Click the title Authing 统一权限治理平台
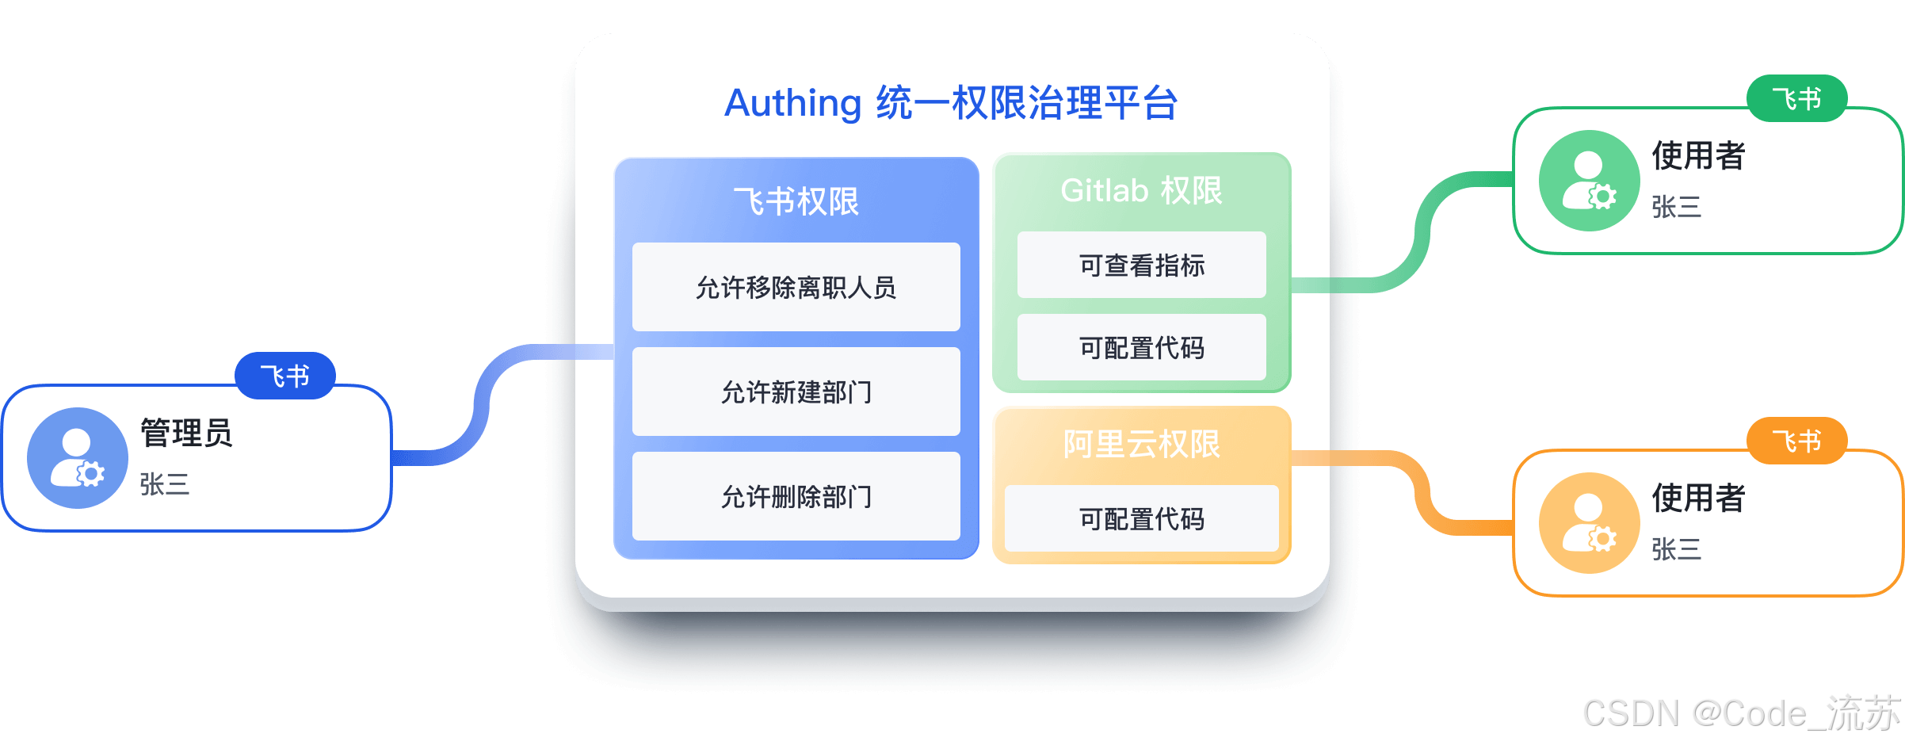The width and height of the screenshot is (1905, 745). (951, 103)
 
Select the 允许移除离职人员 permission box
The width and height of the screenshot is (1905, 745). (796, 287)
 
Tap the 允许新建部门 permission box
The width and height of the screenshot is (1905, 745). (796, 392)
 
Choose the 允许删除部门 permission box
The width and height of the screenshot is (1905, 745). (796, 496)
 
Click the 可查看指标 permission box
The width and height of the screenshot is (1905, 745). (1141, 265)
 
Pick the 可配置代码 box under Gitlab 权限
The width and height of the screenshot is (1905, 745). (1141, 347)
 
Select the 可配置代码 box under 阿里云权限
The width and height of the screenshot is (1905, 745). (1141, 518)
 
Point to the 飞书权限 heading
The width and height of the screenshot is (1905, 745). (796, 201)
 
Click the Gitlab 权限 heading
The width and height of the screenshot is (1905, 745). (1141, 190)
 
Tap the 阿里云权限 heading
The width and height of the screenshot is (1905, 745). (1141, 444)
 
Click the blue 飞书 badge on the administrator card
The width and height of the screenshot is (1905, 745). (285, 376)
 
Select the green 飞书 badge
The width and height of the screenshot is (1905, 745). (1796, 99)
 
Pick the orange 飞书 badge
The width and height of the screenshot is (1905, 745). (1796, 441)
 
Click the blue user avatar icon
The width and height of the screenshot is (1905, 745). (78, 458)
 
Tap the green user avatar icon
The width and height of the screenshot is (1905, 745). (1589, 181)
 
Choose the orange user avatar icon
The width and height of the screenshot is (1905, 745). (1589, 523)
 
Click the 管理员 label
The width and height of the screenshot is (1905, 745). (186, 433)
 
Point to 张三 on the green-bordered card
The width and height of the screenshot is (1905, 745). (1676, 207)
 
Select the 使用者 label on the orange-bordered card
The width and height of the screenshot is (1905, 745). (1698, 498)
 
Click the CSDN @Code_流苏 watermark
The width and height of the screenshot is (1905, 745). (1740, 712)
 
